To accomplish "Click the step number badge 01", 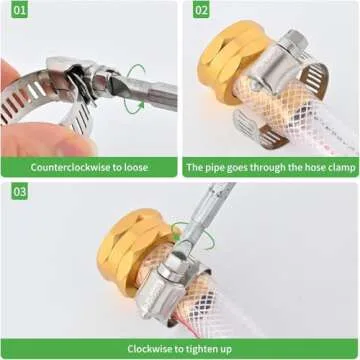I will tap(18, 11).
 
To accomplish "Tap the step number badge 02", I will tap(201, 11).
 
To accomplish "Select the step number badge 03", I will tap(18, 191).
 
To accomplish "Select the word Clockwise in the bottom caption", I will tap(149, 349).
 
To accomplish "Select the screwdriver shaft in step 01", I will tap(155, 95).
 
